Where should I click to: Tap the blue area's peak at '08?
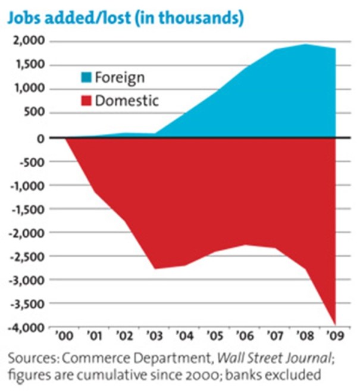[x=305, y=45]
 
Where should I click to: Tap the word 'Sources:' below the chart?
[x=31, y=359]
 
